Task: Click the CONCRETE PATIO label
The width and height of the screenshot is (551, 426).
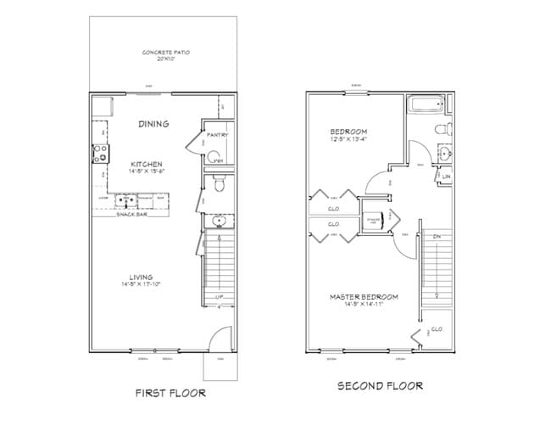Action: pyautogui.click(x=166, y=53)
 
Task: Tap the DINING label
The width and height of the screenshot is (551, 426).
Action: pyautogui.click(x=153, y=124)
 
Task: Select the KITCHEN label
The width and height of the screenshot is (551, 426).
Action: pyautogui.click(x=146, y=164)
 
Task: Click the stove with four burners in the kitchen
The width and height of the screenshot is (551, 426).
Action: pyautogui.click(x=99, y=154)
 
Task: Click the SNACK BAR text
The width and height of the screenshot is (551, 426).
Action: pyautogui.click(x=131, y=215)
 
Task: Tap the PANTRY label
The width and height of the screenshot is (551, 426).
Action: pyautogui.click(x=218, y=135)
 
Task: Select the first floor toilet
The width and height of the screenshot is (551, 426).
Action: pyautogui.click(x=219, y=183)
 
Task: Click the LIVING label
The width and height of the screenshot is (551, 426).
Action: pyautogui.click(x=141, y=277)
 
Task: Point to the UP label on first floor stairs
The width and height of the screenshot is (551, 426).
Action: pyautogui.click(x=219, y=297)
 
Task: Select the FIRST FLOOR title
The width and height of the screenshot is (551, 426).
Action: pyautogui.click(x=171, y=393)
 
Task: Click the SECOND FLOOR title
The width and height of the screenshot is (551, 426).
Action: pyautogui.click(x=381, y=386)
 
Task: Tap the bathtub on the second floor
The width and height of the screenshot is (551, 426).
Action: pyautogui.click(x=424, y=107)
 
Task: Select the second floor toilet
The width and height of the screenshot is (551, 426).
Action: pyautogui.click(x=441, y=130)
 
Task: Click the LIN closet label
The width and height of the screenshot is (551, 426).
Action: pyautogui.click(x=446, y=177)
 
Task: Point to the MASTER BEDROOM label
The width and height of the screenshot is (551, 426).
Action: pyautogui.click(x=364, y=297)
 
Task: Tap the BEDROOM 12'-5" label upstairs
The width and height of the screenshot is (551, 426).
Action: pyautogui.click(x=348, y=132)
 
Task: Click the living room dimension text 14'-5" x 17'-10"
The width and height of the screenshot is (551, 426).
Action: pyautogui.click(x=141, y=284)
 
